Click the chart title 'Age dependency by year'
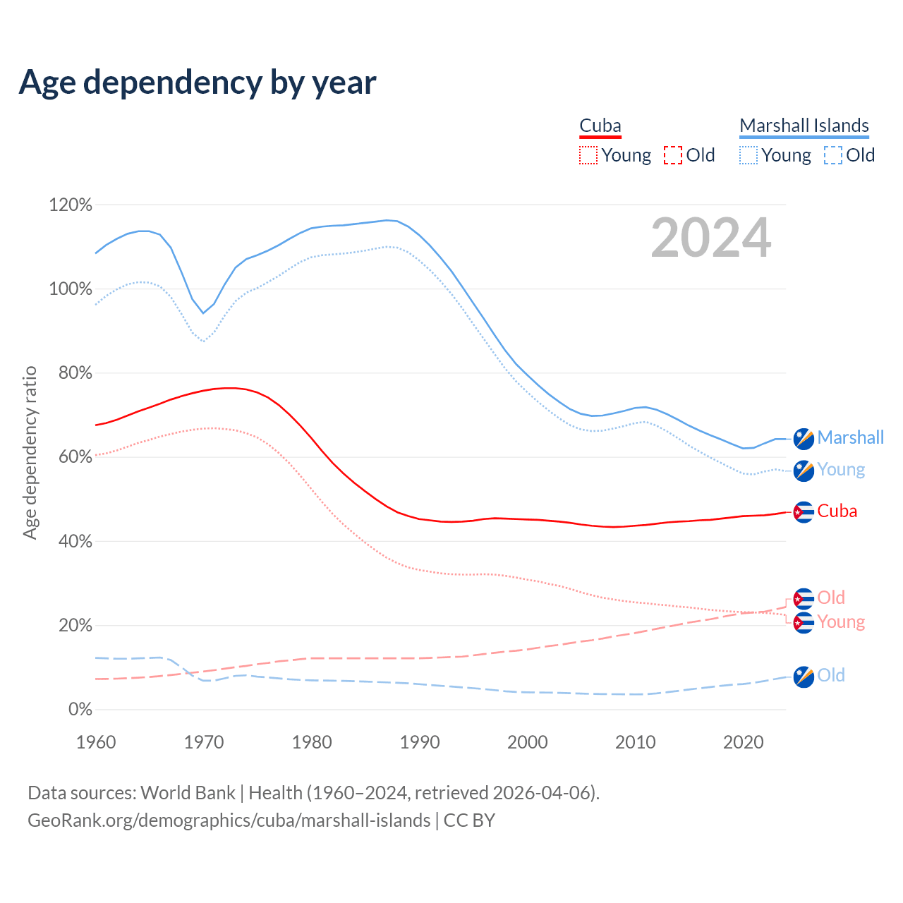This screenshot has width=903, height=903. [x=198, y=83]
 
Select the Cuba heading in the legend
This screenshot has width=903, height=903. [x=600, y=126]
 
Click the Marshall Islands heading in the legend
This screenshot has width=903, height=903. [x=804, y=126]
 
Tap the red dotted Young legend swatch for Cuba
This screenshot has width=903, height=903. [x=588, y=155]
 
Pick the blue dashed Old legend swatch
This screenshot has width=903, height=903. [x=833, y=155]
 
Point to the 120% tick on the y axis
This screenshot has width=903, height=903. [x=71, y=205]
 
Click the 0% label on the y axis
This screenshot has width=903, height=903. [x=80, y=710]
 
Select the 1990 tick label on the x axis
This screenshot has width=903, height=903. [x=420, y=742]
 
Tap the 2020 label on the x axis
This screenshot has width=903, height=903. [x=744, y=742]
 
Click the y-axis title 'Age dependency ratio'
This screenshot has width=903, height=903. [x=30, y=452]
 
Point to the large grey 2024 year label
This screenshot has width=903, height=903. [x=710, y=238]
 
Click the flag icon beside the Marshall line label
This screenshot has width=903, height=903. [x=804, y=439]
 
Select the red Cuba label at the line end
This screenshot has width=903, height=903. [x=837, y=511]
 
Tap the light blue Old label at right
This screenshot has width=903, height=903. [x=831, y=676]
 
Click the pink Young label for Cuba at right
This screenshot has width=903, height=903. [x=841, y=622]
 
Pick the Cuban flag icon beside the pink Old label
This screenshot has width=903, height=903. [x=804, y=599]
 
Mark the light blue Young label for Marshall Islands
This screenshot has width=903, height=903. [x=841, y=470]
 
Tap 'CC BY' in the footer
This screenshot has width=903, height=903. [x=469, y=820]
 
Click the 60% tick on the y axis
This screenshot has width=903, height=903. [x=75, y=457]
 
